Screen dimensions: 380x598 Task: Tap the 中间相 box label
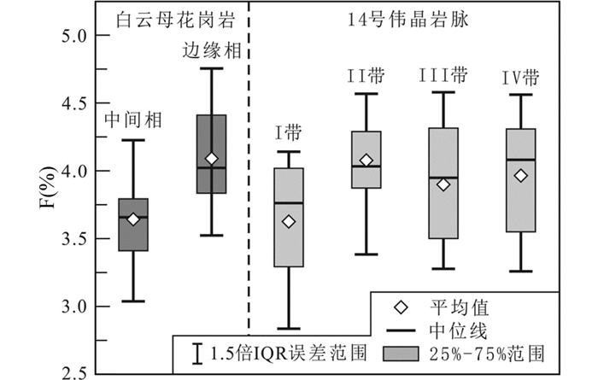(132, 120)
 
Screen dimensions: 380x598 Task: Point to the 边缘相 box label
(212, 50)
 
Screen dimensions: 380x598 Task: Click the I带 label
(288, 133)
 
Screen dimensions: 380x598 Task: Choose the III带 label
(443, 75)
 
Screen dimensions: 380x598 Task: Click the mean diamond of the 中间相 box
(133, 219)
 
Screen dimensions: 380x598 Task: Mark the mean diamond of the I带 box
(289, 222)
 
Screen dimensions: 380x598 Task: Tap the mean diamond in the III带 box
(443, 184)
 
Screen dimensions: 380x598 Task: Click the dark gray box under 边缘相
(211, 154)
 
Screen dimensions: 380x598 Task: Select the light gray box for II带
(366, 160)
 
